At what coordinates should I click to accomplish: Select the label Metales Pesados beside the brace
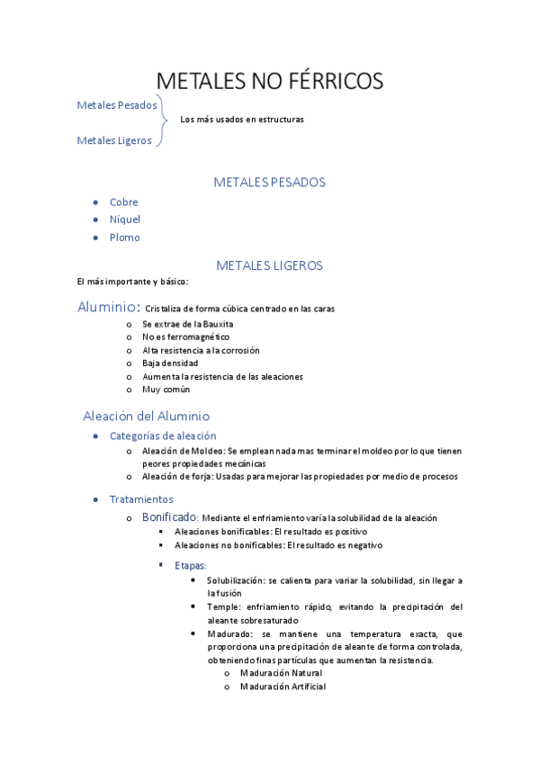click(x=117, y=105)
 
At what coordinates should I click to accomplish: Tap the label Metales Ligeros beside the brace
click(x=114, y=140)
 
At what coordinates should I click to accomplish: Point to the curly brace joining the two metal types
click(x=164, y=121)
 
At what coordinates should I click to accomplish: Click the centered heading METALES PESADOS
click(x=269, y=183)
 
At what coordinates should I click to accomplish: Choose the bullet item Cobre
click(x=124, y=202)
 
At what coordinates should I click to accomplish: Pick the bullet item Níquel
click(x=125, y=220)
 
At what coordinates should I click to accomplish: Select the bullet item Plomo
click(x=125, y=238)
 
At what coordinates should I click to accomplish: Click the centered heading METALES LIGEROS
click(x=269, y=265)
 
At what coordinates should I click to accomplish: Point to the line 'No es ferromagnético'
click(x=185, y=337)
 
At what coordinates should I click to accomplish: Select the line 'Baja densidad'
click(x=170, y=363)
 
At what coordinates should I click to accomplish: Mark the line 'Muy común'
click(x=166, y=390)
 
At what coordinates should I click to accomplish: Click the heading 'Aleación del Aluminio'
click(x=146, y=417)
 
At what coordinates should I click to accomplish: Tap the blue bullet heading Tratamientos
click(x=141, y=499)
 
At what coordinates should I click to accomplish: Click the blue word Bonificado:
click(x=170, y=517)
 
